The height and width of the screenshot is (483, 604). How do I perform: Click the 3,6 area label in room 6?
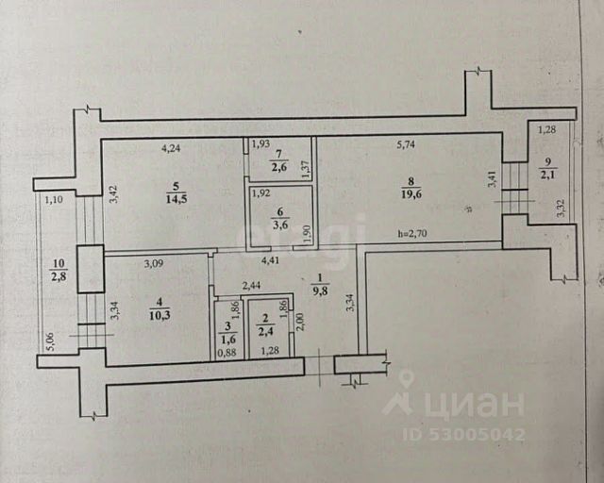point(280,225)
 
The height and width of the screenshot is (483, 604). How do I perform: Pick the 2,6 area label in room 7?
point(279,168)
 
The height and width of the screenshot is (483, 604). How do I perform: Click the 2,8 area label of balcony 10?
point(59,275)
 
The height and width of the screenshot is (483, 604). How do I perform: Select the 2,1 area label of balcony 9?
point(548,174)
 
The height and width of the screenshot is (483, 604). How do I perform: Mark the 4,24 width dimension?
point(172,147)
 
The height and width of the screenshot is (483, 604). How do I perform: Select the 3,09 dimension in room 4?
point(155,263)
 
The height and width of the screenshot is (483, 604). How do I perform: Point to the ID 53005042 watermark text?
point(462,435)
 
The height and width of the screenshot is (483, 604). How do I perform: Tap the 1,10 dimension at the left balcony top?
point(53,199)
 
